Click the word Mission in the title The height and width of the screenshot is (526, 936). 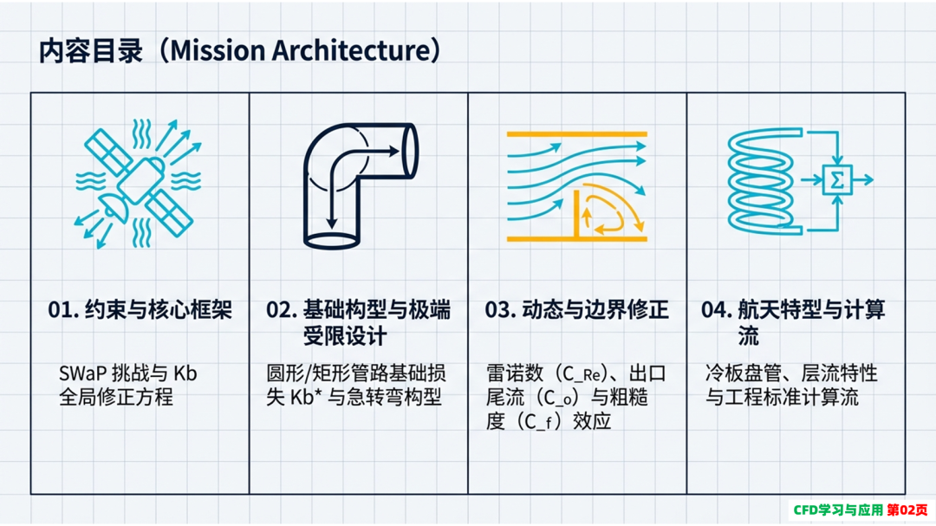point(218,50)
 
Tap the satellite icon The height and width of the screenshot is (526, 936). point(139,184)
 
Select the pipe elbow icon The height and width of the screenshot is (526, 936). point(361,185)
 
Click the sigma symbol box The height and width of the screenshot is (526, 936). point(837,179)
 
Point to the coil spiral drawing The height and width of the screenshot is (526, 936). point(761,181)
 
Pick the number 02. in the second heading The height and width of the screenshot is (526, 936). point(282,310)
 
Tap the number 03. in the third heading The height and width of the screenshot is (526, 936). point(501,310)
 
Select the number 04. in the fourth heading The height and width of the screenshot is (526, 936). point(717,310)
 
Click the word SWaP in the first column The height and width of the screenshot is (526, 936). point(83,373)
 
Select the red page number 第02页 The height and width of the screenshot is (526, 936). point(907,510)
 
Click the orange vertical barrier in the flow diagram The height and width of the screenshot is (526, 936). point(577,214)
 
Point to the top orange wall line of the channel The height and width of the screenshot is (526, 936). point(576,134)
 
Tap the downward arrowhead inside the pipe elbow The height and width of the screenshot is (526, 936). point(332,223)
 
